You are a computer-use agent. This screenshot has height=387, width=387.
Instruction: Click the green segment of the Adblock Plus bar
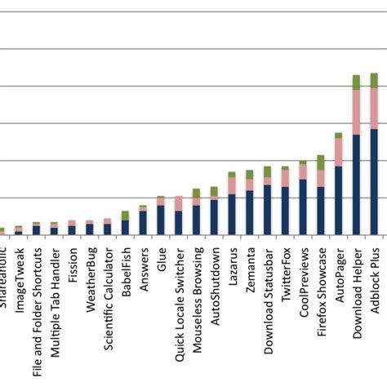tap(374, 80)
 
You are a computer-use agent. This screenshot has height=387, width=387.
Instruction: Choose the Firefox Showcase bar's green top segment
tap(321, 162)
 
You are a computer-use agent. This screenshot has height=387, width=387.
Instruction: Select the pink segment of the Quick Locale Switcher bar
tap(179, 202)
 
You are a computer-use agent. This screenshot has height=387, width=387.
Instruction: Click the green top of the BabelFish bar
tap(125, 215)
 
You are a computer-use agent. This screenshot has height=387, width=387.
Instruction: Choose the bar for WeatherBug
tap(90, 228)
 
